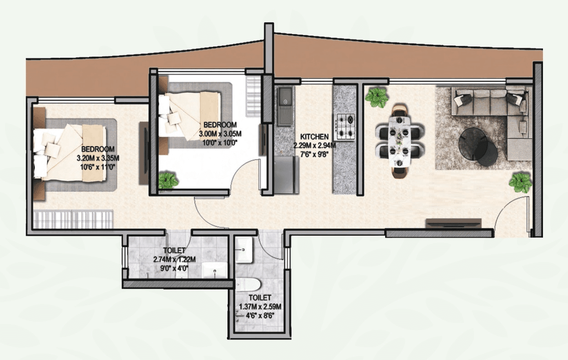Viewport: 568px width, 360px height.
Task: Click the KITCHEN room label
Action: coord(314,136)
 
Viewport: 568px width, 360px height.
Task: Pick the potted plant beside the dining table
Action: coord(376,96)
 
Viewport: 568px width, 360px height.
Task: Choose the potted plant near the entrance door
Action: coord(520,182)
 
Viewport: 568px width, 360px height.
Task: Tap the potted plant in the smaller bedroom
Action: coord(169,180)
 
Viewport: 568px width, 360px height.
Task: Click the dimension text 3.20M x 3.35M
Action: coord(98,158)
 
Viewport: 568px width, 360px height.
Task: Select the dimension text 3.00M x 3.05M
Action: coord(220,134)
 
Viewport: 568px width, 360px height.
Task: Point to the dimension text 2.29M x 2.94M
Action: coord(314,146)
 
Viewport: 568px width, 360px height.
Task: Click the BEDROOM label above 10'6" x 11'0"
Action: coord(98,149)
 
